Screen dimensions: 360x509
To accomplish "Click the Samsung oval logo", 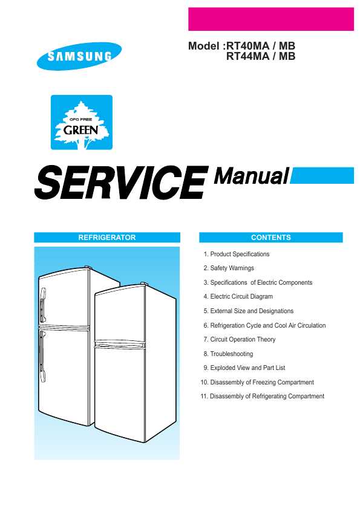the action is pyautogui.click(x=79, y=56).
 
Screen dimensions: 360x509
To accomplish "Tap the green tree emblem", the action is pyautogui.click(x=82, y=122).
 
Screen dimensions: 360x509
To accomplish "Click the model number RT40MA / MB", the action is pyautogui.click(x=261, y=46).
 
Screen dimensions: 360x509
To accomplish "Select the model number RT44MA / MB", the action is pyautogui.click(x=261, y=56).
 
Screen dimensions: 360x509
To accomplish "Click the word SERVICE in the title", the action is pyautogui.click(x=121, y=182).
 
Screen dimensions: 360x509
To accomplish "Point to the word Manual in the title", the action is pyautogui.click(x=251, y=177).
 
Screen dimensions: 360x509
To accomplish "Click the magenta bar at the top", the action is pyautogui.click(x=271, y=19).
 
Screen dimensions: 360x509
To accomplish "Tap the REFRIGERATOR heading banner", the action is pyautogui.click(x=107, y=238).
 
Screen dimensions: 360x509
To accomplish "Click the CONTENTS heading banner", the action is pyautogui.click(x=271, y=238).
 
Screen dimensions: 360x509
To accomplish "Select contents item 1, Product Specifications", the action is pyautogui.click(x=237, y=254).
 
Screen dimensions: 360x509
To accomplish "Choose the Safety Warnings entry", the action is pyautogui.click(x=229, y=268).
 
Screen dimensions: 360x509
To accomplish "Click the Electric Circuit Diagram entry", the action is pyautogui.click(x=238, y=296).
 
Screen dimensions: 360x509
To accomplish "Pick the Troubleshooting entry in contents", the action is pyautogui.click(x=228, y=354).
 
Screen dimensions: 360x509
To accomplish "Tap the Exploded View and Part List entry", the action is pyautogui.click(x=244, y=368).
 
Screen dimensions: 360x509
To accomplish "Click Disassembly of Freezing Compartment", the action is pyautogui.click(x=257, y=383).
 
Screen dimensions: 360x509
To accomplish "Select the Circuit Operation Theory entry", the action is pyautogui.click(x=240, y=340).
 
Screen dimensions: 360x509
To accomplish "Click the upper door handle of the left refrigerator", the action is pyautogui.click(x=42, y=305).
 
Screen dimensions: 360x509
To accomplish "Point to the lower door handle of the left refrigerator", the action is pyautogui.click(x=42, y=356).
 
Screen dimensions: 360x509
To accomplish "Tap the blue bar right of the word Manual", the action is pyautogui.click(x=322, y=176).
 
